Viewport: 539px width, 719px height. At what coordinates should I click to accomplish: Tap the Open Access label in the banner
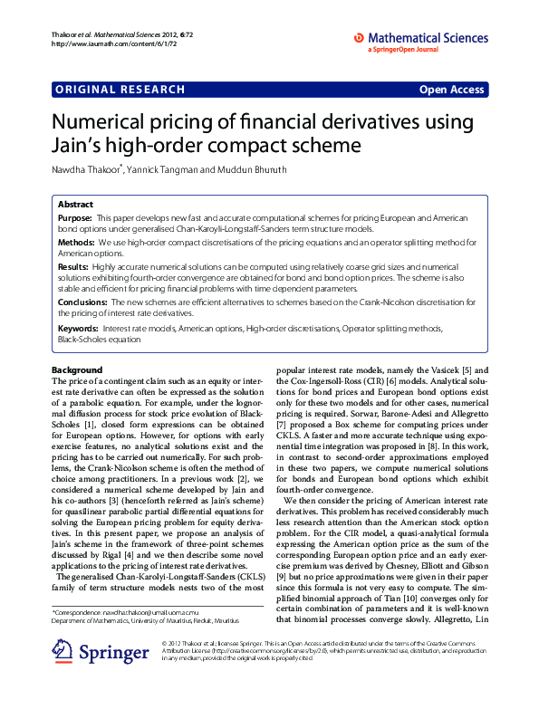[x=451, y=90]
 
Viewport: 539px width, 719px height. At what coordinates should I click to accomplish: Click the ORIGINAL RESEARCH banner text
[x=120, y=90]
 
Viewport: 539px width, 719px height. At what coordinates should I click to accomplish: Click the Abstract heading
[x=75, y=206]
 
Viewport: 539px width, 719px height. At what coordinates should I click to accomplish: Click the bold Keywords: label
[x=78, y=327]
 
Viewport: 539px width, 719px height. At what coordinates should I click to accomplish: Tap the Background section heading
[x=77, y=369]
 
